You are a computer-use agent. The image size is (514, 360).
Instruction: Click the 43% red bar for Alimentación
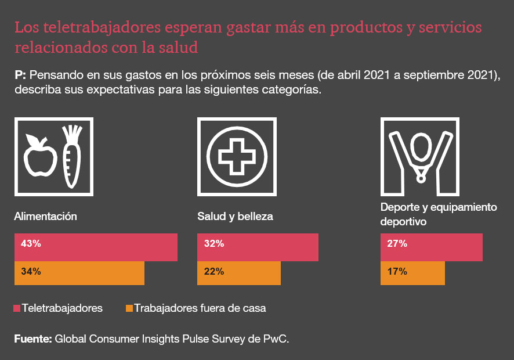96,247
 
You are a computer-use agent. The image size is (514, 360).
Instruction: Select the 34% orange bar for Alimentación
79,273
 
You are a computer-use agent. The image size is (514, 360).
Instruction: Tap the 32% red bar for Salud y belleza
258,247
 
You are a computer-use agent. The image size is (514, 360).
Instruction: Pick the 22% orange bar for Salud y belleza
239,273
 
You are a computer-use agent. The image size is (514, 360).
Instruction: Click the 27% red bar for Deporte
431,247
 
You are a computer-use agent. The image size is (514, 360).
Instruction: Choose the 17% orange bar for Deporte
412,273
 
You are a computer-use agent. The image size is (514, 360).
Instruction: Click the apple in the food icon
40,157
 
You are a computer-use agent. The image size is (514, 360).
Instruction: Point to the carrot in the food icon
71,160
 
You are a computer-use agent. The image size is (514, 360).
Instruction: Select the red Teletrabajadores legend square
17,308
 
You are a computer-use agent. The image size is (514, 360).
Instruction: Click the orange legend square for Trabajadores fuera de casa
129,308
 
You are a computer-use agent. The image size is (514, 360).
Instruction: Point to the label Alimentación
45,216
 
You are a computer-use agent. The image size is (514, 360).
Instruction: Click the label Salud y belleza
235,217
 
